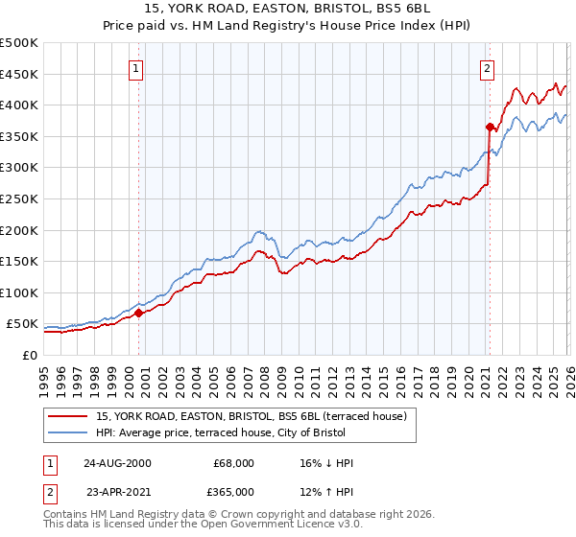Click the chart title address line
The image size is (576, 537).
point(287,9)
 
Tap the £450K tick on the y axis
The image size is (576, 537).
point(19,74)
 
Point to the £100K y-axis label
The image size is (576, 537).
point(19,292)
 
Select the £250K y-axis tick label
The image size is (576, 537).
point(19,198)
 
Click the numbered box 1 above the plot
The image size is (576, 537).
point(137,68)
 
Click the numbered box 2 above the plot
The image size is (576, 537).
point(488,68)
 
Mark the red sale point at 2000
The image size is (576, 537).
point(138,312)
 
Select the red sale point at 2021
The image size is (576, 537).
point(490,127)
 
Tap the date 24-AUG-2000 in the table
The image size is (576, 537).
point(117,463)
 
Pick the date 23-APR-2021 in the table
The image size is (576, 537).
point(117,492)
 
